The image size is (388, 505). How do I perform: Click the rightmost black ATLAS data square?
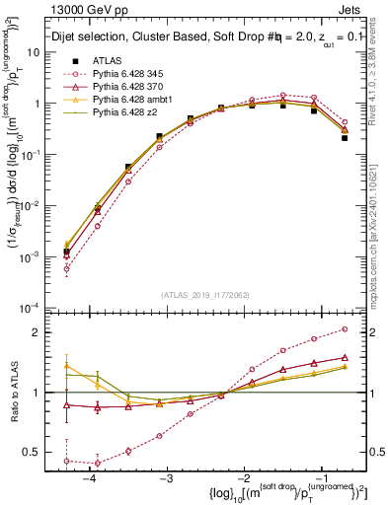point(344,138)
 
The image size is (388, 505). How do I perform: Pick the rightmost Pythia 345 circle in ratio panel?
point(344,329)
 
